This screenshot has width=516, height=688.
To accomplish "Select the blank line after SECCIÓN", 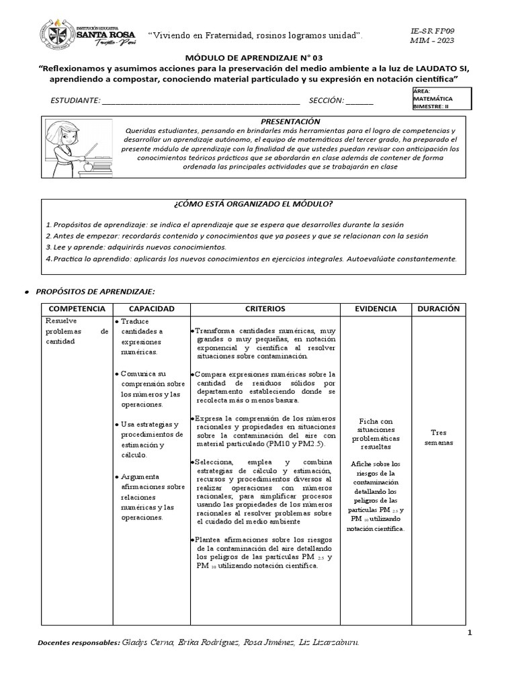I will pos(359,101).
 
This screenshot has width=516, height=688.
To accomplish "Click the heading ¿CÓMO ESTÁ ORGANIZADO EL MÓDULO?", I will pos(253,204).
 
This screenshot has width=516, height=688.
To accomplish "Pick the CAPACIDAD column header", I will pos(151,308).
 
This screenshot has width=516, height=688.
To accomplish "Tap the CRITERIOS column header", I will pos(265,308).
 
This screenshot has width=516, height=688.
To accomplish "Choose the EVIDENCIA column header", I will pos(376,308).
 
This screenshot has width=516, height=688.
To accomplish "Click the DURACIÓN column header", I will pos(438,308).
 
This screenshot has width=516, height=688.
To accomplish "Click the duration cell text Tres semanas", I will pos(438,438).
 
